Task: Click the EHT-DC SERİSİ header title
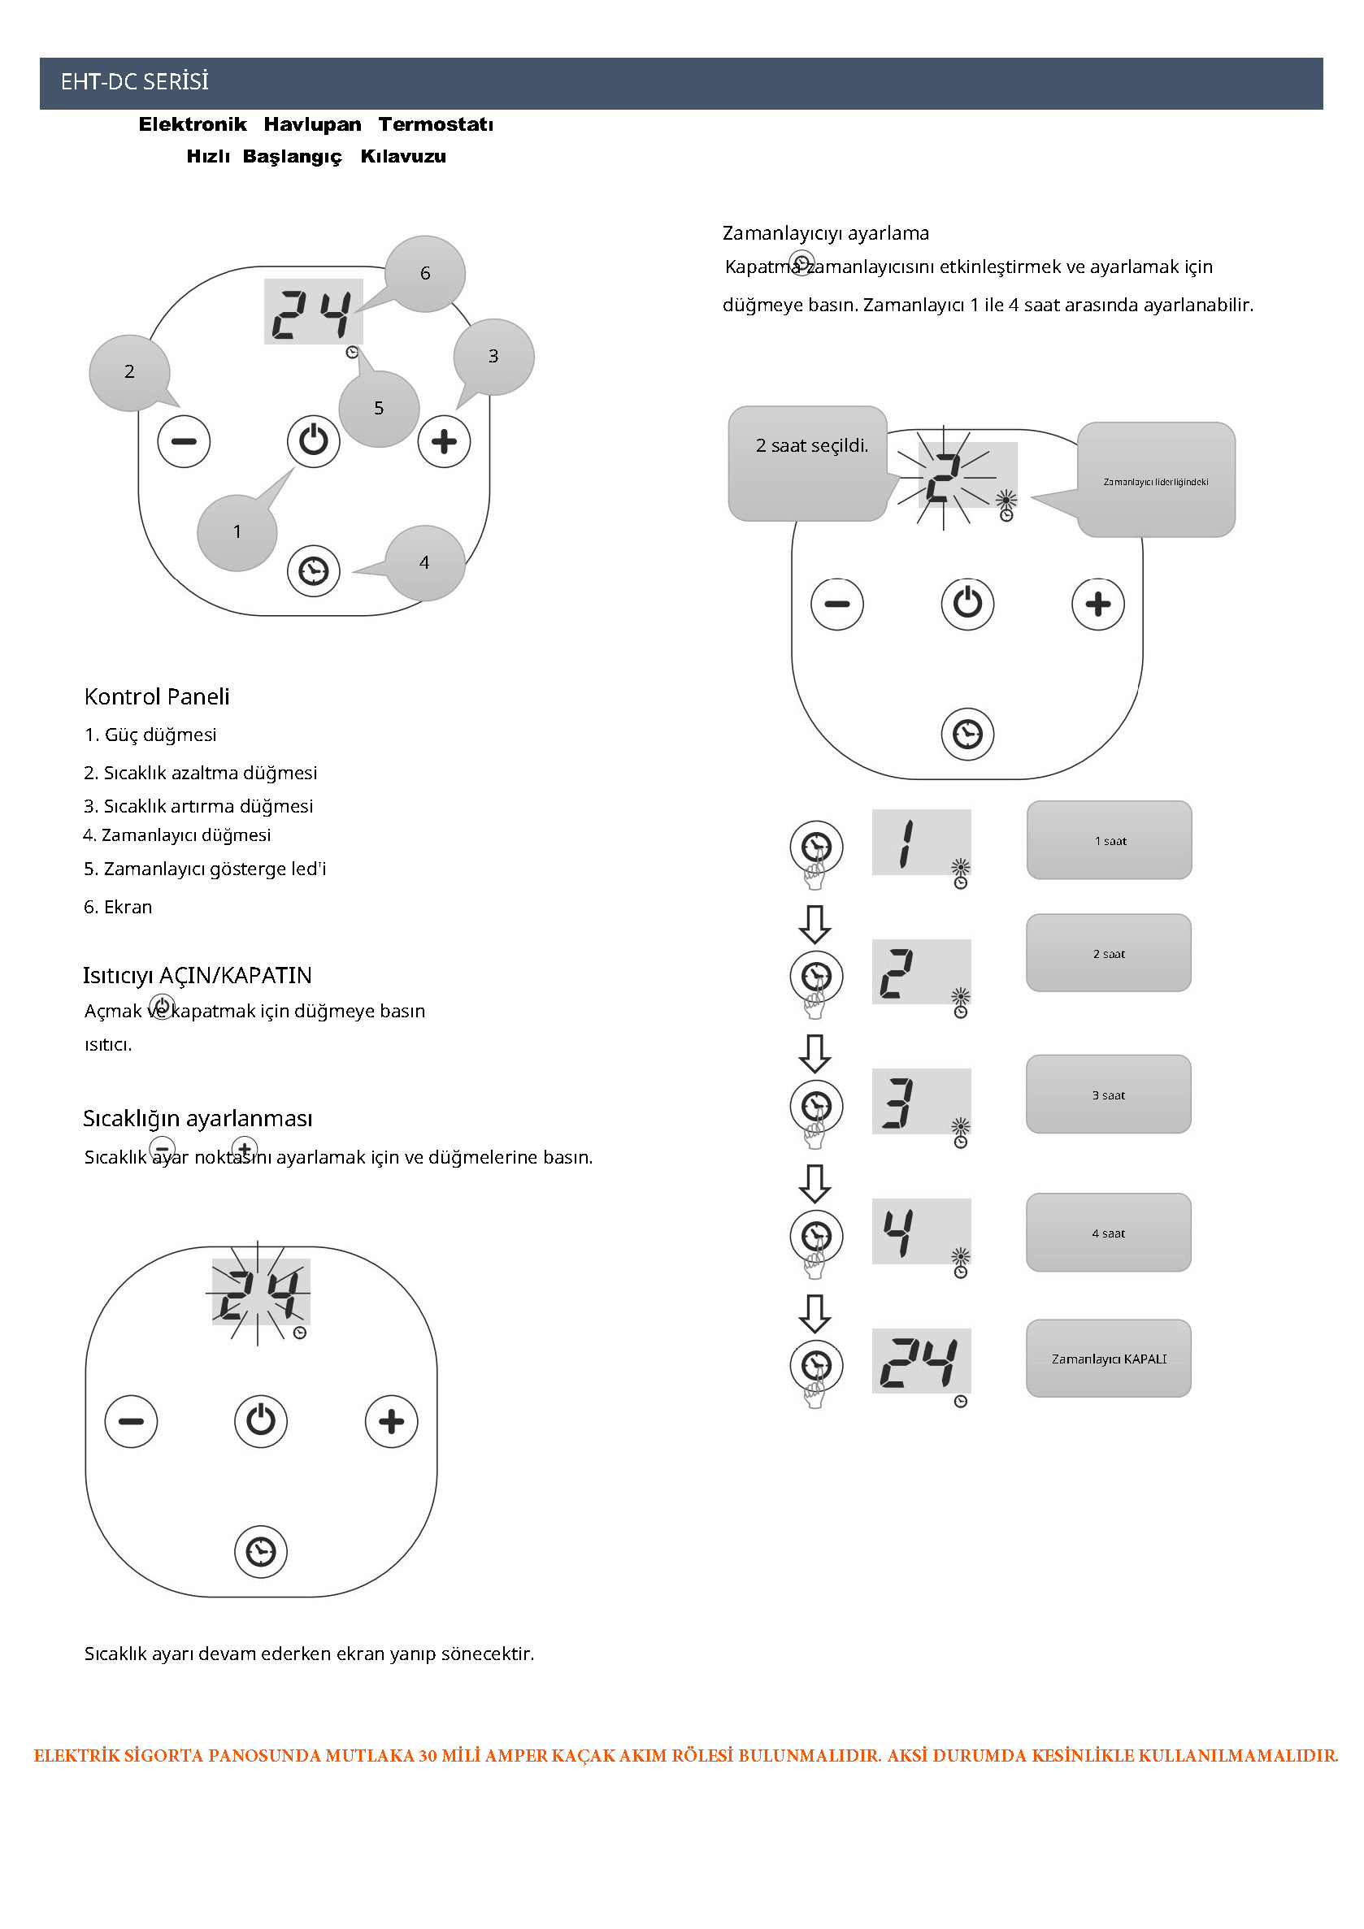(x=134, y=81)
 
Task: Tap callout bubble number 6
(x=425, y=273)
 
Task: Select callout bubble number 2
(x=129, y=372)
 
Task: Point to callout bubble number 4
(x=424, y=563)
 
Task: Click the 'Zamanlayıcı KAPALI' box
(x=1109, y=1359)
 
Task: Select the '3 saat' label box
(x=1108, y=1095)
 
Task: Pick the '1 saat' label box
(x=1110, y=840)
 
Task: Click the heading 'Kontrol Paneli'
(x=157, y=696)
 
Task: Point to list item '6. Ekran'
(x=119, y=907)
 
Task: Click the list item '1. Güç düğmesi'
(x=150, y=735)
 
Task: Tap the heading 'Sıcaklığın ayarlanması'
(x=198, y=1118)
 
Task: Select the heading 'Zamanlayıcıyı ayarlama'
(x=825, y=232)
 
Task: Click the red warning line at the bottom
(x=685, y=1755)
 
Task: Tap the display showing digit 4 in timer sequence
(x=921, y=1231)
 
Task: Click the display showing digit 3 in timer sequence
(x=921, y=1101)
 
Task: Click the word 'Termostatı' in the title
(x=436, y=124)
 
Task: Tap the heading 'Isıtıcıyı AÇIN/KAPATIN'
(x=198, y=975)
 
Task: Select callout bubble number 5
(x=379, y=409)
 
